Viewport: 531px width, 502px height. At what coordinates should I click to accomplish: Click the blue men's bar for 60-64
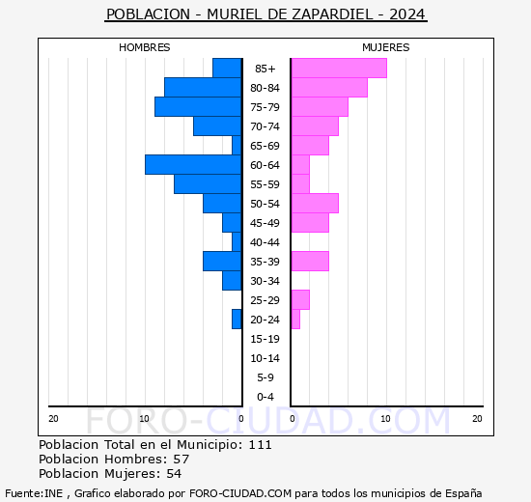click(193, 165)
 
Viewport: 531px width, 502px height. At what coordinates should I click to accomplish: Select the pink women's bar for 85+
click(339, 69)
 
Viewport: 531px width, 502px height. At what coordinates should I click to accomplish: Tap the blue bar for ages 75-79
click(198, 107)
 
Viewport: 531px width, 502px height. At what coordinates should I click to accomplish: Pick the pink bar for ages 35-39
click(310, 262)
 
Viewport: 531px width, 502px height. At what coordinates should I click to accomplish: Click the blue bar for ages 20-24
click(237, 320)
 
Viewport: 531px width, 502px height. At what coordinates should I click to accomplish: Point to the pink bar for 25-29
click(300, 300)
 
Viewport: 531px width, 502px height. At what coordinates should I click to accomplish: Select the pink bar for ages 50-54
click(315, 204)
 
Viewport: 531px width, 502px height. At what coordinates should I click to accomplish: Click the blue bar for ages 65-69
click(237, 146)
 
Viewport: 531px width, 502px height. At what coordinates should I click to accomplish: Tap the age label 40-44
click(265, 242)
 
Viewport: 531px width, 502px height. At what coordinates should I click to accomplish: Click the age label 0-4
click(265, 397)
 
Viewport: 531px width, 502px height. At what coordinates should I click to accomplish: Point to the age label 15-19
click(265, 339)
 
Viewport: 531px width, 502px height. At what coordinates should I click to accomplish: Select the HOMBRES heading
click(144, 47)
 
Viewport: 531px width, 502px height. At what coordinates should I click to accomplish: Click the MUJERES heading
click(386, 47)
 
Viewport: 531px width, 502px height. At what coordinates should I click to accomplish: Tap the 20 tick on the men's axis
click(53, 419)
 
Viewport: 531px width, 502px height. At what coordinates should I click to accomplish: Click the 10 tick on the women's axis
click(386, 419)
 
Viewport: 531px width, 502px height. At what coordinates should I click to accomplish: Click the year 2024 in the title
click(406, 14)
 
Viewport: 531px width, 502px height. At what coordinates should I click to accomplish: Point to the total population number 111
click(260, 445)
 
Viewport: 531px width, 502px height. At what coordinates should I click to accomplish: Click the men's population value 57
click(182, 460)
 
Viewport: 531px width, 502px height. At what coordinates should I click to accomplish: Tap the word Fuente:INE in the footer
click(34, 493)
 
